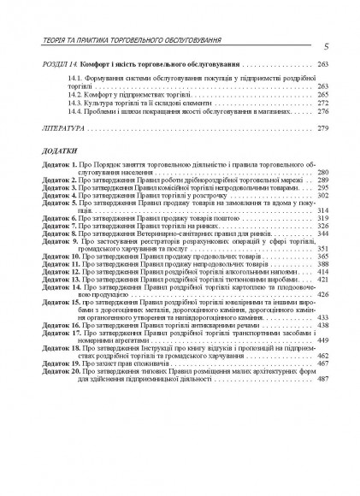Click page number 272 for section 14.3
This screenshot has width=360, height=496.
point(323,103)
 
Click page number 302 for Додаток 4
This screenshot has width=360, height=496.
point(323,196)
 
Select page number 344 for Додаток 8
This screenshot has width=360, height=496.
point(323,233)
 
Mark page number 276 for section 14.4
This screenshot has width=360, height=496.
point(323,111)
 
